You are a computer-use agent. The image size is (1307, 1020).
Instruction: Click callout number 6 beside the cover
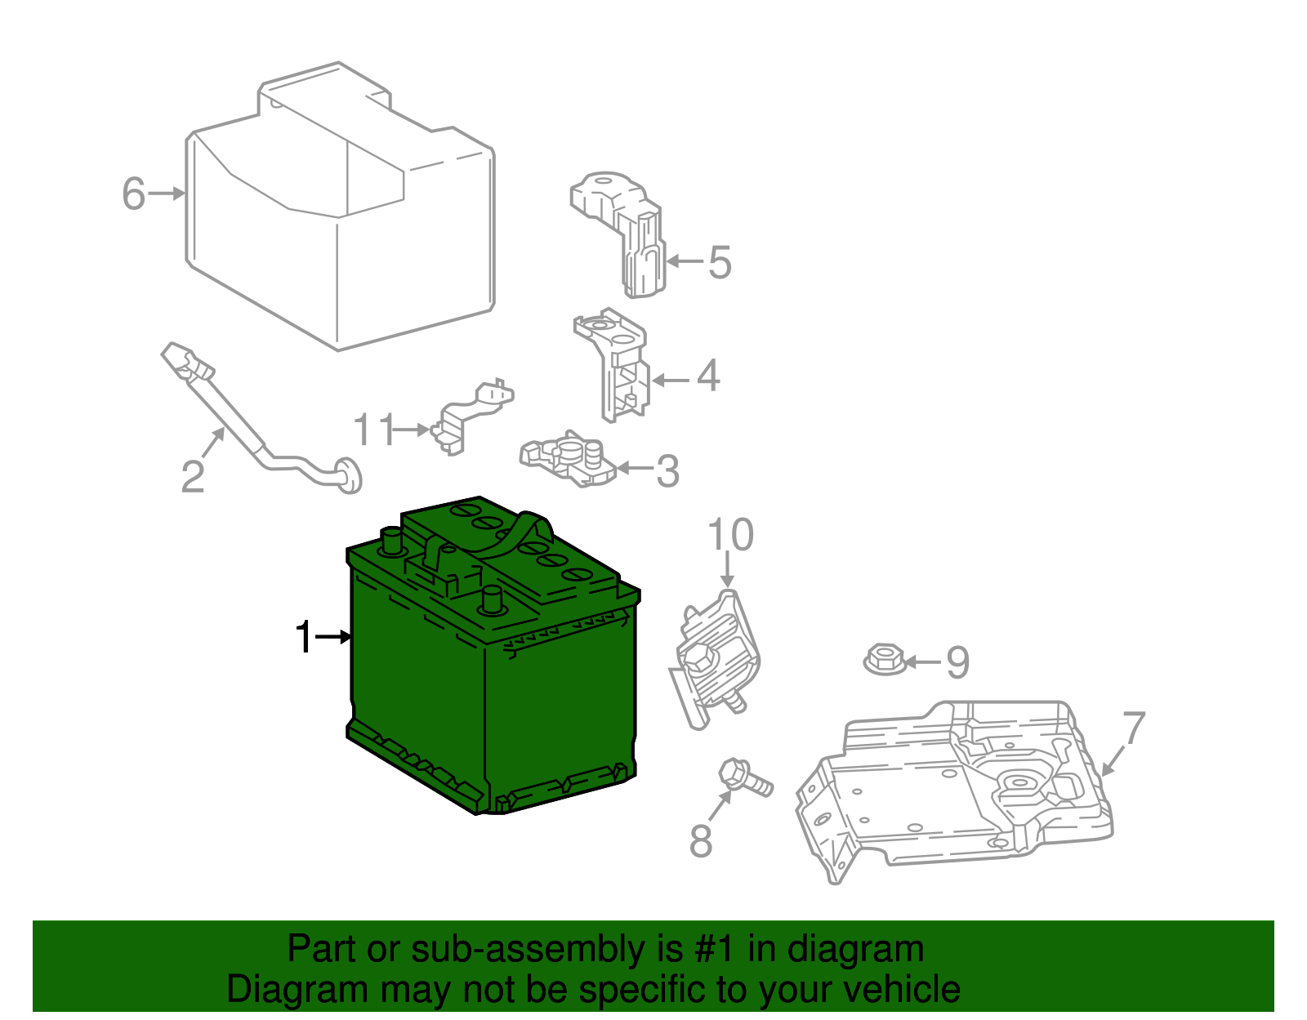click(x=133, y=194)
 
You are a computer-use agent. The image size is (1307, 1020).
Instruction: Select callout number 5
click(x=719, y=262)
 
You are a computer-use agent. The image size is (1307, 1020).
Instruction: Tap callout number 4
click(x=707, y=376)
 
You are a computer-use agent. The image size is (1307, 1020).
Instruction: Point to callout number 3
click(x=667, y=471)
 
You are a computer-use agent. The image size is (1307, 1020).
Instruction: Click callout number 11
click(x=374, y=430)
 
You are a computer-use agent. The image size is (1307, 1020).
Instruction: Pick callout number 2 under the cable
click(x=192, y=477)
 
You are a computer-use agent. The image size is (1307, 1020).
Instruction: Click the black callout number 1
click(x=303, y=637)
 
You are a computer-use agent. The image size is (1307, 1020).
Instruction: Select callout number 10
click(x=729, y=536)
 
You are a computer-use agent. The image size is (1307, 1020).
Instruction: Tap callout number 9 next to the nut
click(x=957, y=662)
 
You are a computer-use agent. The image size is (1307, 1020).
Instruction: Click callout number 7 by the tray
click(x=1133, y=728)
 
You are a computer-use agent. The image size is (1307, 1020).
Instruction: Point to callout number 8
click(x=701, y=841)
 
